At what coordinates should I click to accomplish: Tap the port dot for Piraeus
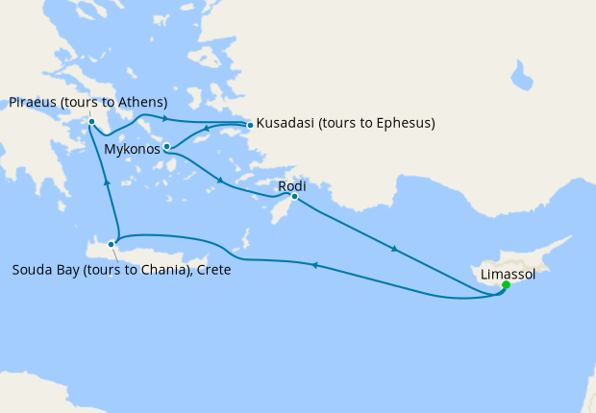pos(90,122)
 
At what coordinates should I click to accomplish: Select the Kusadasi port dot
pos(250,125)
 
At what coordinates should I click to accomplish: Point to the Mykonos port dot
pos(167,147)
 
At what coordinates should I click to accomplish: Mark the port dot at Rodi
pos(294,198)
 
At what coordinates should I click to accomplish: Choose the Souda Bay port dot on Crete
pos(112,244)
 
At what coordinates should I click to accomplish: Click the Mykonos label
pos(131,150)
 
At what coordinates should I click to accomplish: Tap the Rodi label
pos(291,185)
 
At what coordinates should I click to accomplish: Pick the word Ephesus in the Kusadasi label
pos(404,124)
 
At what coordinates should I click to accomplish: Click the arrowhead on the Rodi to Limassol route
pos(393,249)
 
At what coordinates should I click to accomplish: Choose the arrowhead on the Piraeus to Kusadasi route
pos(166,118)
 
